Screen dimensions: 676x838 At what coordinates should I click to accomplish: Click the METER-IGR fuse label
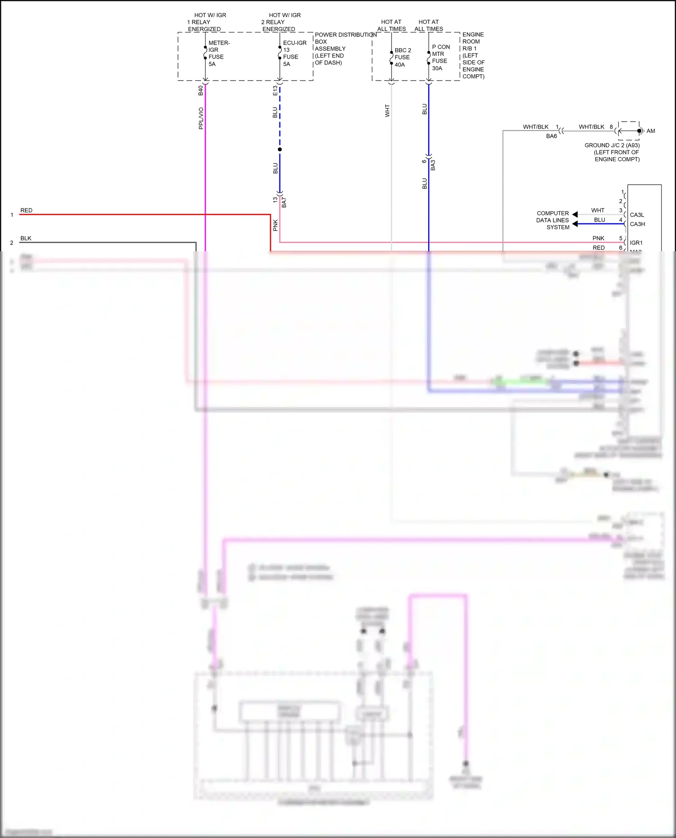click(x=219, y=53)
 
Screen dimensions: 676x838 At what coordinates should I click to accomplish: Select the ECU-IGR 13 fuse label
click(x=294, y=53)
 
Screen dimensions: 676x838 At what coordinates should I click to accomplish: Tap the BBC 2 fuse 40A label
click(x=402, y=57)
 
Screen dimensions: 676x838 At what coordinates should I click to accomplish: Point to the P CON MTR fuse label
click(x=440, y=57)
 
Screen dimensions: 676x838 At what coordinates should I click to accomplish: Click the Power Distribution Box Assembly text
click(x=345, y=49)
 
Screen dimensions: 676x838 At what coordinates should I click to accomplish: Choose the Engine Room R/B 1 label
click(x=473, y=55)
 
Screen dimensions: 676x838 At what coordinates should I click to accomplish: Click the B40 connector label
click(x=201, y=91)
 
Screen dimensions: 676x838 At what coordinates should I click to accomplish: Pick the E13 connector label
click(x=275, y=91)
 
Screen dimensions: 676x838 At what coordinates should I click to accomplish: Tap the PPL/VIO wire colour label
click(x=201, y=118)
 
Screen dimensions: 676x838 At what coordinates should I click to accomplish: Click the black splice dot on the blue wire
click(x=280, y=149)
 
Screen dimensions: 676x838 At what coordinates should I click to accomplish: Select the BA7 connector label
click(x=284, y=202)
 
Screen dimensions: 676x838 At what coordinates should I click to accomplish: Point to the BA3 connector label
click(x=433, y=165)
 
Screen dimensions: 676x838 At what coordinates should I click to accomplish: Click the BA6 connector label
click(x=551, y=136)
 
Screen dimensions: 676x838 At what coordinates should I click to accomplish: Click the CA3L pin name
click(x=637, y=215)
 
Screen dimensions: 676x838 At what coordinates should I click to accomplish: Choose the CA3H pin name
click(x=637, y=224)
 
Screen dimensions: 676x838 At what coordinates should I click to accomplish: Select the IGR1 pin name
click(x=636, y=243)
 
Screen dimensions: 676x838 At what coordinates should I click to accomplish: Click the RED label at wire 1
click(x=27, y=210)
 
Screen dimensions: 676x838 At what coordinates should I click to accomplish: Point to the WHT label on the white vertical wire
click(x=387, y=111)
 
